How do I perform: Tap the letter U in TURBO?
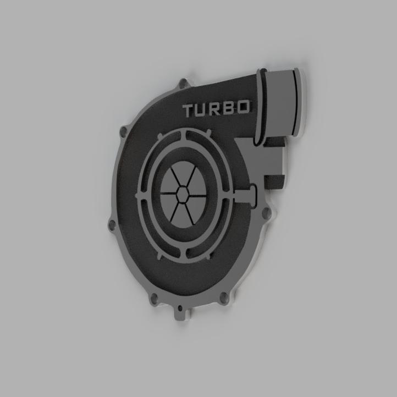(x=203, y=111)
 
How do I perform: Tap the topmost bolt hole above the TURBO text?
(x=182, y=84)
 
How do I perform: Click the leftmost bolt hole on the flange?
(x=112, y=225)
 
